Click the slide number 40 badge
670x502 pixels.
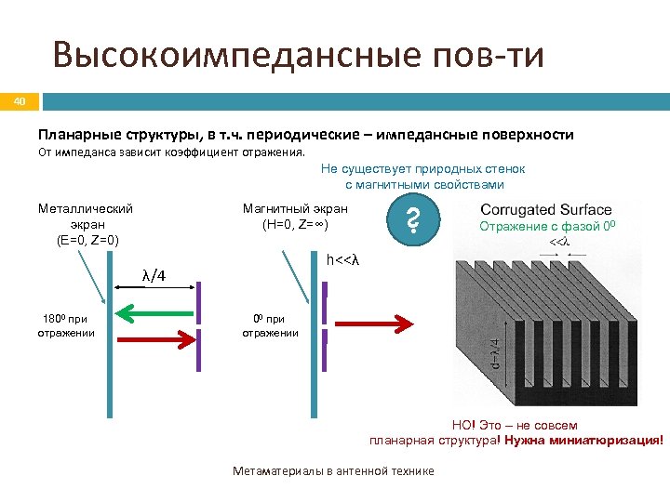click(x=21, y=100)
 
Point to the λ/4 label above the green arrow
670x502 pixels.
click(x=154, y=275)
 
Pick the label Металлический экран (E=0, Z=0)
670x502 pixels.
click(x=86, y=224)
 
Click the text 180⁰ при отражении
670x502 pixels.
click(x=67, y=325)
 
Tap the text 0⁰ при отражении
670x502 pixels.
click(x=270, y=325)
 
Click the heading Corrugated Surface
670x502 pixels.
click(x=545, y=210)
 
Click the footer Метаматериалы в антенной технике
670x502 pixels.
click(x=333, y=471)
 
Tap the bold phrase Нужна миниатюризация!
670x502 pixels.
click(x=584, y=440)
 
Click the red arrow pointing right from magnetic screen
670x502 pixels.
click(x=368, y=323)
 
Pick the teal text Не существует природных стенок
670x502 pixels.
click(x=423, y=168)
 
